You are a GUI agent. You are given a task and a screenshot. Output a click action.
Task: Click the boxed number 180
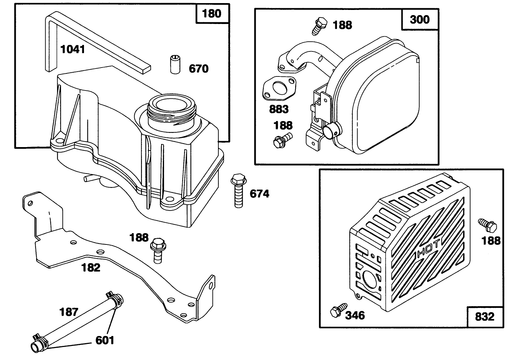(x=212, y=14)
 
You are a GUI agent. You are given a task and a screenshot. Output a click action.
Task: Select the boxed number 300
(x=420, y=20)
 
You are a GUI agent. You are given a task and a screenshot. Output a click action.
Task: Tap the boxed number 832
(x=484, y=316)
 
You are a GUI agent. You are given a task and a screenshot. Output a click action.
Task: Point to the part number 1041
(x=72, y=49)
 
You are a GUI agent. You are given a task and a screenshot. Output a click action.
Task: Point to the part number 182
(x=90, y=267)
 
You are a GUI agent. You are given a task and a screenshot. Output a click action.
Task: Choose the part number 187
(x=69, y=312)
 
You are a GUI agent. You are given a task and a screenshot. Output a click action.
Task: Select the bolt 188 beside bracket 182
(x=157, y=250)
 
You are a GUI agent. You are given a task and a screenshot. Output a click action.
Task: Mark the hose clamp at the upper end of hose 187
(x=114, y=298)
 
